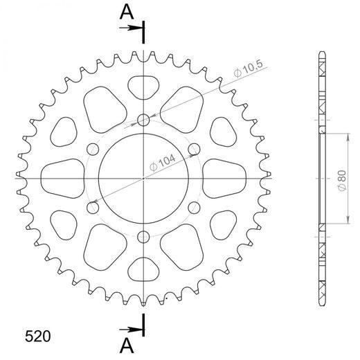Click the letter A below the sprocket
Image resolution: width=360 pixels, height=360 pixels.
[x=125, y=343]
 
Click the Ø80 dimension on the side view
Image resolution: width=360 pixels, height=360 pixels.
[x=341, y=177]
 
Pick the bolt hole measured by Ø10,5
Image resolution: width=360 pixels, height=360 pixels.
[x=143, y=120]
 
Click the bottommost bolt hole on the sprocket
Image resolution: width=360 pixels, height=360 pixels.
[x=143, y=235]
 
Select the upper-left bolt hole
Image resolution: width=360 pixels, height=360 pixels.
[x=93, y=149]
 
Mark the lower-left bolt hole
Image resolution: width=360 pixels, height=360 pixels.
[x=93, y=206]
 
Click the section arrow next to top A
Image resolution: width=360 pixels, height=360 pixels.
[x=129, y=28]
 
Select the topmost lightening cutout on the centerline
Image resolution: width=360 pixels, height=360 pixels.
[x=143, y=87]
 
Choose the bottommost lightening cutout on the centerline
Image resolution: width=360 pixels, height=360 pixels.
[x=143, y=269]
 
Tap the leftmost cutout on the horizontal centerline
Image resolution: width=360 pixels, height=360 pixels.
[x=61, y=177]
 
